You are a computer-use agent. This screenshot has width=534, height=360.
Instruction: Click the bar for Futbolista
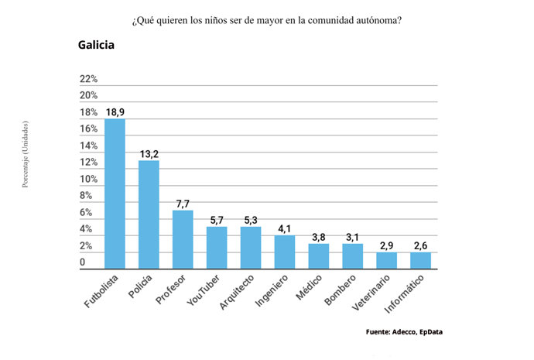115,194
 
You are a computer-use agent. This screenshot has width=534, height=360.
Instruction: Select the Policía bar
149,214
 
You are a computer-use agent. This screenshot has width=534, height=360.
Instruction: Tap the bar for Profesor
183,239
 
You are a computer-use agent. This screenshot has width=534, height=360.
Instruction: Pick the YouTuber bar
217,248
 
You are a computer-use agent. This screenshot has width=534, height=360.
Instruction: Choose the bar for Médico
319,256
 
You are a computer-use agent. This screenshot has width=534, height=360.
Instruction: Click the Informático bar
420,260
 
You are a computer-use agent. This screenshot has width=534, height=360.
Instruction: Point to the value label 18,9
115,112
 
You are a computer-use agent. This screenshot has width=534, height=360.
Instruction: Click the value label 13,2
149,154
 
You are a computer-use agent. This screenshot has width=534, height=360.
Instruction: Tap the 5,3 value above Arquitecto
251,220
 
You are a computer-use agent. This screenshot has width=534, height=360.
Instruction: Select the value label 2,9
386,245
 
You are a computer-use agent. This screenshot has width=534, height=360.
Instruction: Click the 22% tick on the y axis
88,79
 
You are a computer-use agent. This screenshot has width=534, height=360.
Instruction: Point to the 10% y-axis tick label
88,179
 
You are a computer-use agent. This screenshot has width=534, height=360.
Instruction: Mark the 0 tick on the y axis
83,262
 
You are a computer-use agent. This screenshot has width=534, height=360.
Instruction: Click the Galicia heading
96,45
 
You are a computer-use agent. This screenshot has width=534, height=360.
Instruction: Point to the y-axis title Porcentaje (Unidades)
26,154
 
